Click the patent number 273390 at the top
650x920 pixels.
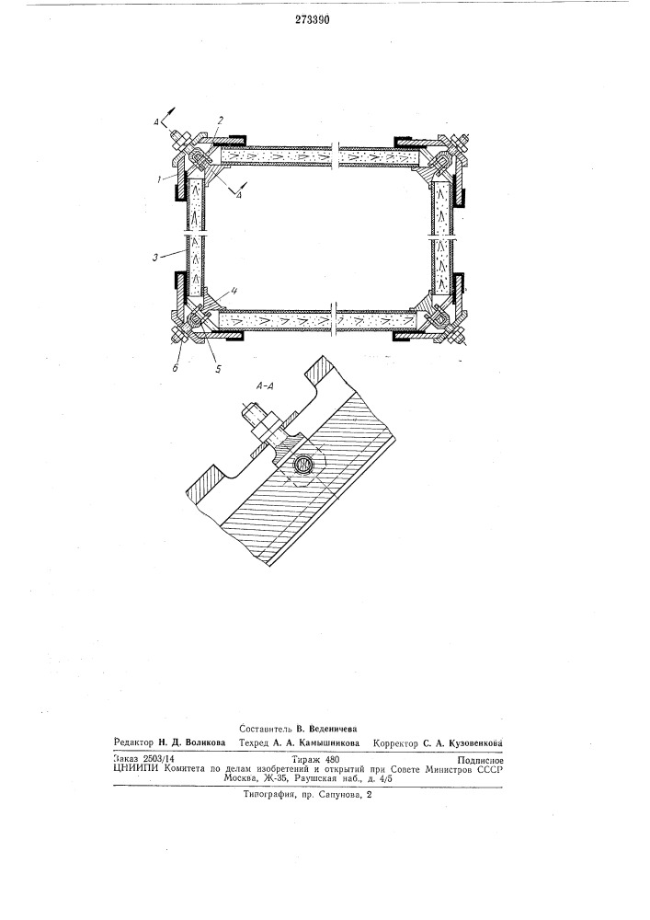[x=312, y=19]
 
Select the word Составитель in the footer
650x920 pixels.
[x=266, y=728]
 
